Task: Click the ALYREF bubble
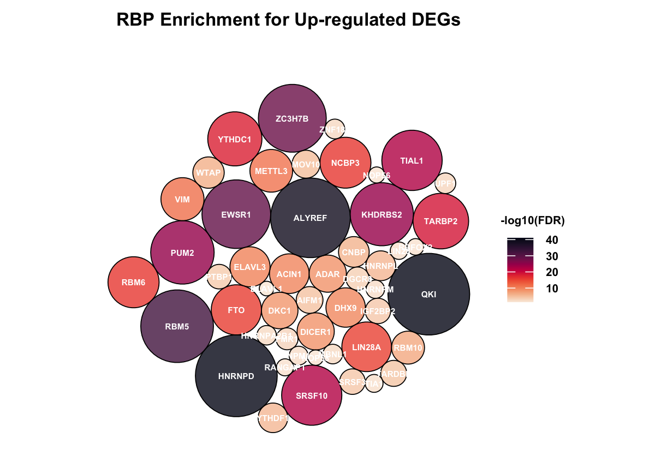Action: [310, 218]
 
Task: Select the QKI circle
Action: [428, 294]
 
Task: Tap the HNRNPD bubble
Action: [236, 376]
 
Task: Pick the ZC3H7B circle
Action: [292, 118]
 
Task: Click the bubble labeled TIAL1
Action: [412, 161]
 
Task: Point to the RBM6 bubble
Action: [133, 283]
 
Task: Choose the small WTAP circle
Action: [208, 173]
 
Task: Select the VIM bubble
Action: [182, 199]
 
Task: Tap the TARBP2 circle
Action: [440, 221]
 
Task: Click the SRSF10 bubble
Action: [312, 396]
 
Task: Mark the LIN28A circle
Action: [366, 347]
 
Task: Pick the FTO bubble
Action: [236, 310]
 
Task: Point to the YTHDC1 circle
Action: [234, 139]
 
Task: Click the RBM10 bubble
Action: [408, 347]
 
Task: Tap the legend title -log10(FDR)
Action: [532, 221]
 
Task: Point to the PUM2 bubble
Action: [182, 253]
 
